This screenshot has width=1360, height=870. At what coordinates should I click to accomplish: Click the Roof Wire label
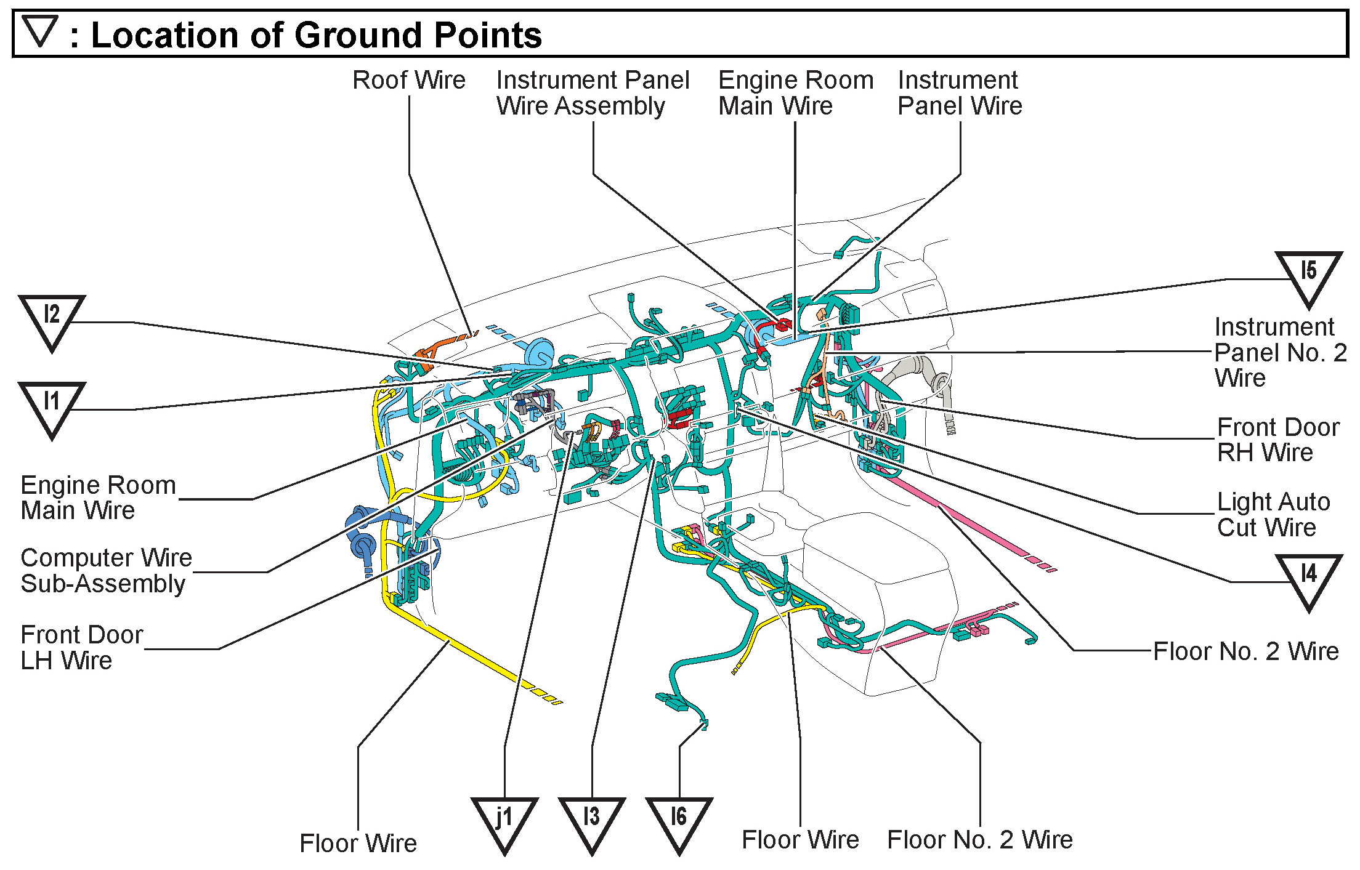(x=409, y=80)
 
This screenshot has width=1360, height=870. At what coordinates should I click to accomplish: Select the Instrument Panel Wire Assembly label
(x=593, y=93)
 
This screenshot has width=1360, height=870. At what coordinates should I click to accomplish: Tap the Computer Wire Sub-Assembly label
(x=106, y=570)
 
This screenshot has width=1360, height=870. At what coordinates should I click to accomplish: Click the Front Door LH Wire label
(x=81, y=647)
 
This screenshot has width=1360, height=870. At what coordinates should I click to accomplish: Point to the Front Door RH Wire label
(x=1277, y=440)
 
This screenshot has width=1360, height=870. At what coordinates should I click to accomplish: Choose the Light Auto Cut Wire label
(x=1273, y=514)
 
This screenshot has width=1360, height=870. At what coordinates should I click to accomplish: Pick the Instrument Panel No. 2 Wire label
(x=1280, y=352)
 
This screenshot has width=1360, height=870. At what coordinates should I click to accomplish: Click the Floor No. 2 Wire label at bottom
(x=979, y=839)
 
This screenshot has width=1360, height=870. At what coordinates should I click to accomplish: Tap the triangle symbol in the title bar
(x=40, y=31)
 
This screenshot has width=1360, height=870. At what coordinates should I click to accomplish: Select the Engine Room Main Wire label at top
(x=795, y=93)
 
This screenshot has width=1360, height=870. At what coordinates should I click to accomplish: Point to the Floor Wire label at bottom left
(x=358, y=843)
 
